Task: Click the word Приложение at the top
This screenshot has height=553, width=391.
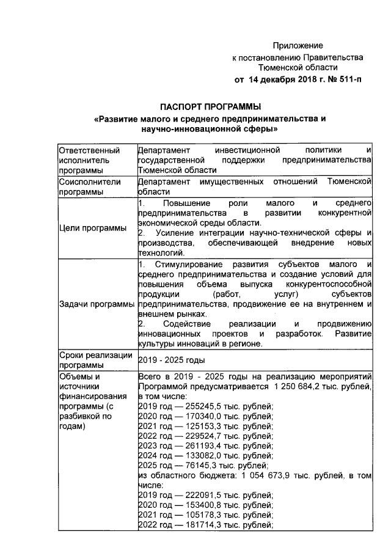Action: (x=298, y=46)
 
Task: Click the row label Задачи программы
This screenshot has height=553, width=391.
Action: (x=97, y=304)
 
